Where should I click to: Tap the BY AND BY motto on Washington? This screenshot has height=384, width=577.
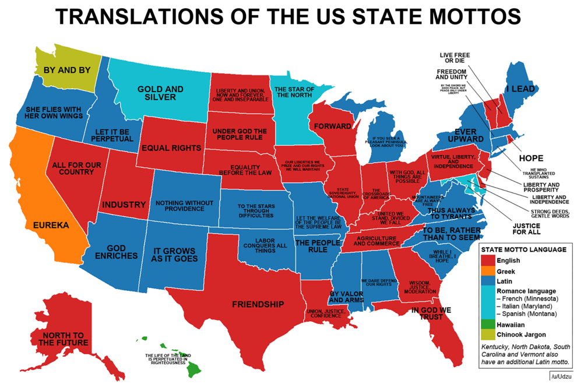(68, 70)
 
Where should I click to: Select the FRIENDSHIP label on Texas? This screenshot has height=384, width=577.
(258, 304)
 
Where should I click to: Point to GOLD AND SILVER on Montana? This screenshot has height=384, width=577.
(160, 93)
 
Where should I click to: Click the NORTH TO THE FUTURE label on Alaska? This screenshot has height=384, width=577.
(64, 339)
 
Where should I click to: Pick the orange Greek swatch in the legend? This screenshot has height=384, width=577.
(487, 271)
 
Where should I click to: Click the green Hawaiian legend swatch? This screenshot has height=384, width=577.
(487, 324)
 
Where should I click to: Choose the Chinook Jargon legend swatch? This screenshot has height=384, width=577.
(487, 334)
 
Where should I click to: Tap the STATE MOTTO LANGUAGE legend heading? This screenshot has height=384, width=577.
(523, 249)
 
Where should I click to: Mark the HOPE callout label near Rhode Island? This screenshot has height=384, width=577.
(530, 158)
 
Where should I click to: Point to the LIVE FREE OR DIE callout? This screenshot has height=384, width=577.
(455, 57)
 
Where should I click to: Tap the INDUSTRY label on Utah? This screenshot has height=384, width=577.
(124, 205)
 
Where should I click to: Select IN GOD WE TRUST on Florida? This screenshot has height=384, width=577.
(431, 314)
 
